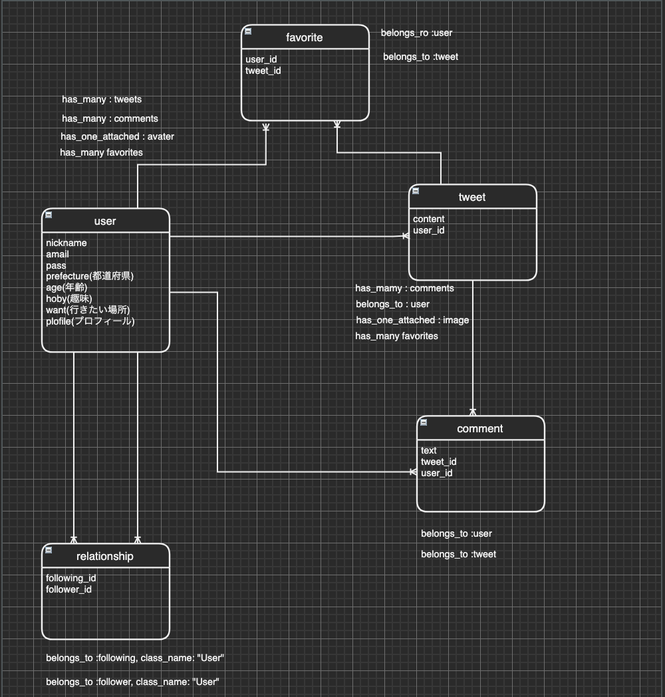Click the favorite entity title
tap(305, 38)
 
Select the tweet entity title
tap(472, 198)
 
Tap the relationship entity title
tap(105, 557)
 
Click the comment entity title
tap(480, 429)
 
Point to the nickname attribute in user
tap(66, 243)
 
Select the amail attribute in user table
tap(58, 254)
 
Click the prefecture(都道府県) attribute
tap(90, 276)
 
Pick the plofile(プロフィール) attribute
tap(90, 321)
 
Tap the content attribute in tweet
tap(429, 219)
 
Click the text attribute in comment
tap(429, 450)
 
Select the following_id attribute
tap(71, 578)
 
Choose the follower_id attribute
tap(69, 589)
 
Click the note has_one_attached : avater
tap(117, 136)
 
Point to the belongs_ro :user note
tap(417, 33)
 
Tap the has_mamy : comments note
tap(404, 288)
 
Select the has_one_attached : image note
tap(412, 320)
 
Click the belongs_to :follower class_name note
tap(132, 682)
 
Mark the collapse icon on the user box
tap(49, 215)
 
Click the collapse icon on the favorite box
tap(248, 31)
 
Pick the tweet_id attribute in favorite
tap(263, 70)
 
